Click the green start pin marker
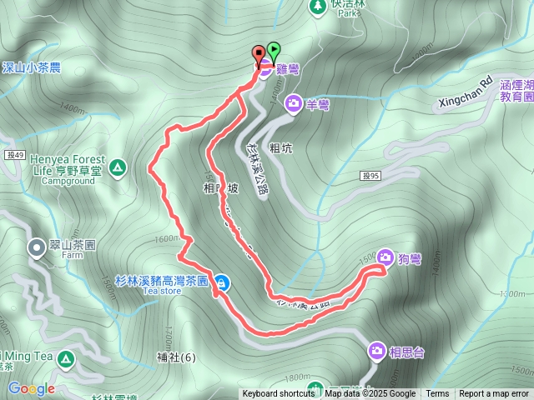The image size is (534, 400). point(273,51)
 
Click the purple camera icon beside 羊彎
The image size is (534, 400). point(294,103)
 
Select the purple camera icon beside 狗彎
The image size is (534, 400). point(385,257)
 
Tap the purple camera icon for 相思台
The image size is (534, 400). point(377,352)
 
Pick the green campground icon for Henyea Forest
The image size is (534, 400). point(118,168)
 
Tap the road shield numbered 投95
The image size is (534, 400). point(371,175)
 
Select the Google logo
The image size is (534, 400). point(31,388)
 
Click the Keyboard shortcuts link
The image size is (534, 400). point(278,394)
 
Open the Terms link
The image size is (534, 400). point(437,394)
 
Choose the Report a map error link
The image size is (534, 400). point(494,394)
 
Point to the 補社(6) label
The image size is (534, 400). point(175,358)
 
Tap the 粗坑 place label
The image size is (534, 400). point(280,148)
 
